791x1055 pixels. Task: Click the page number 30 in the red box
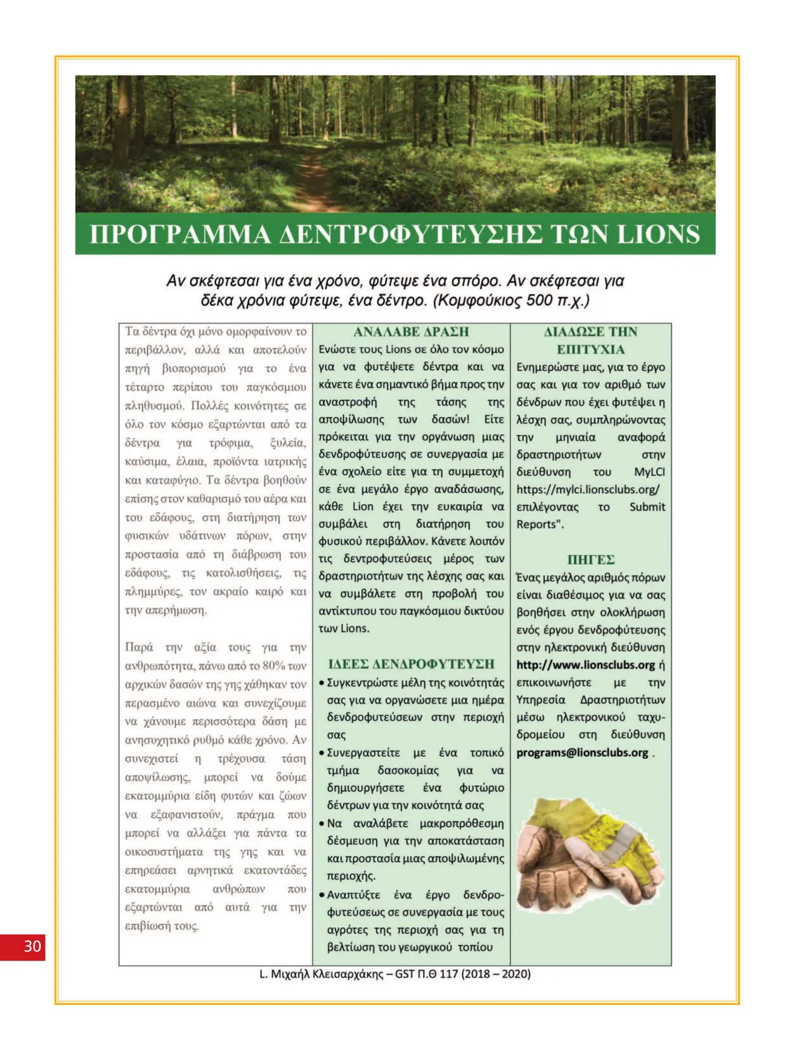pyautogui.click(x=32, y=946)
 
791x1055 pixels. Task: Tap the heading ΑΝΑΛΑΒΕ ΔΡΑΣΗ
pyautogui.click(x=411, y=332)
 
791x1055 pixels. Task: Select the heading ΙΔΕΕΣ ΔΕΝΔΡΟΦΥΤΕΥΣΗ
pyautogui.click(x=411, y=664)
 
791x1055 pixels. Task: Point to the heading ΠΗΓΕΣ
pyautogui.click(x=591, y=559)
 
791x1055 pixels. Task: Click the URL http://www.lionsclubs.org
pyautogui.click(x=585, y=665)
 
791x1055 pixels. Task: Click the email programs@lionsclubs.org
pyautogui.click(x=582, y=753)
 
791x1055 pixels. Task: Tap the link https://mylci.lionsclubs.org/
pyautogui.click(x=587, y=490)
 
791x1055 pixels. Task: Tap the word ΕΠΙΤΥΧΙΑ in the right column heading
pyautogui.click(x=591, y=350)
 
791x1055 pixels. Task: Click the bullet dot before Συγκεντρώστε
pyautogui.click(x=321, y=683)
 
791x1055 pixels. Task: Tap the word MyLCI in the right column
pyautogui.click(x=649, y=472)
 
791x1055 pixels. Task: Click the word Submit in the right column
pyautogui.click(x=647, y=507)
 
